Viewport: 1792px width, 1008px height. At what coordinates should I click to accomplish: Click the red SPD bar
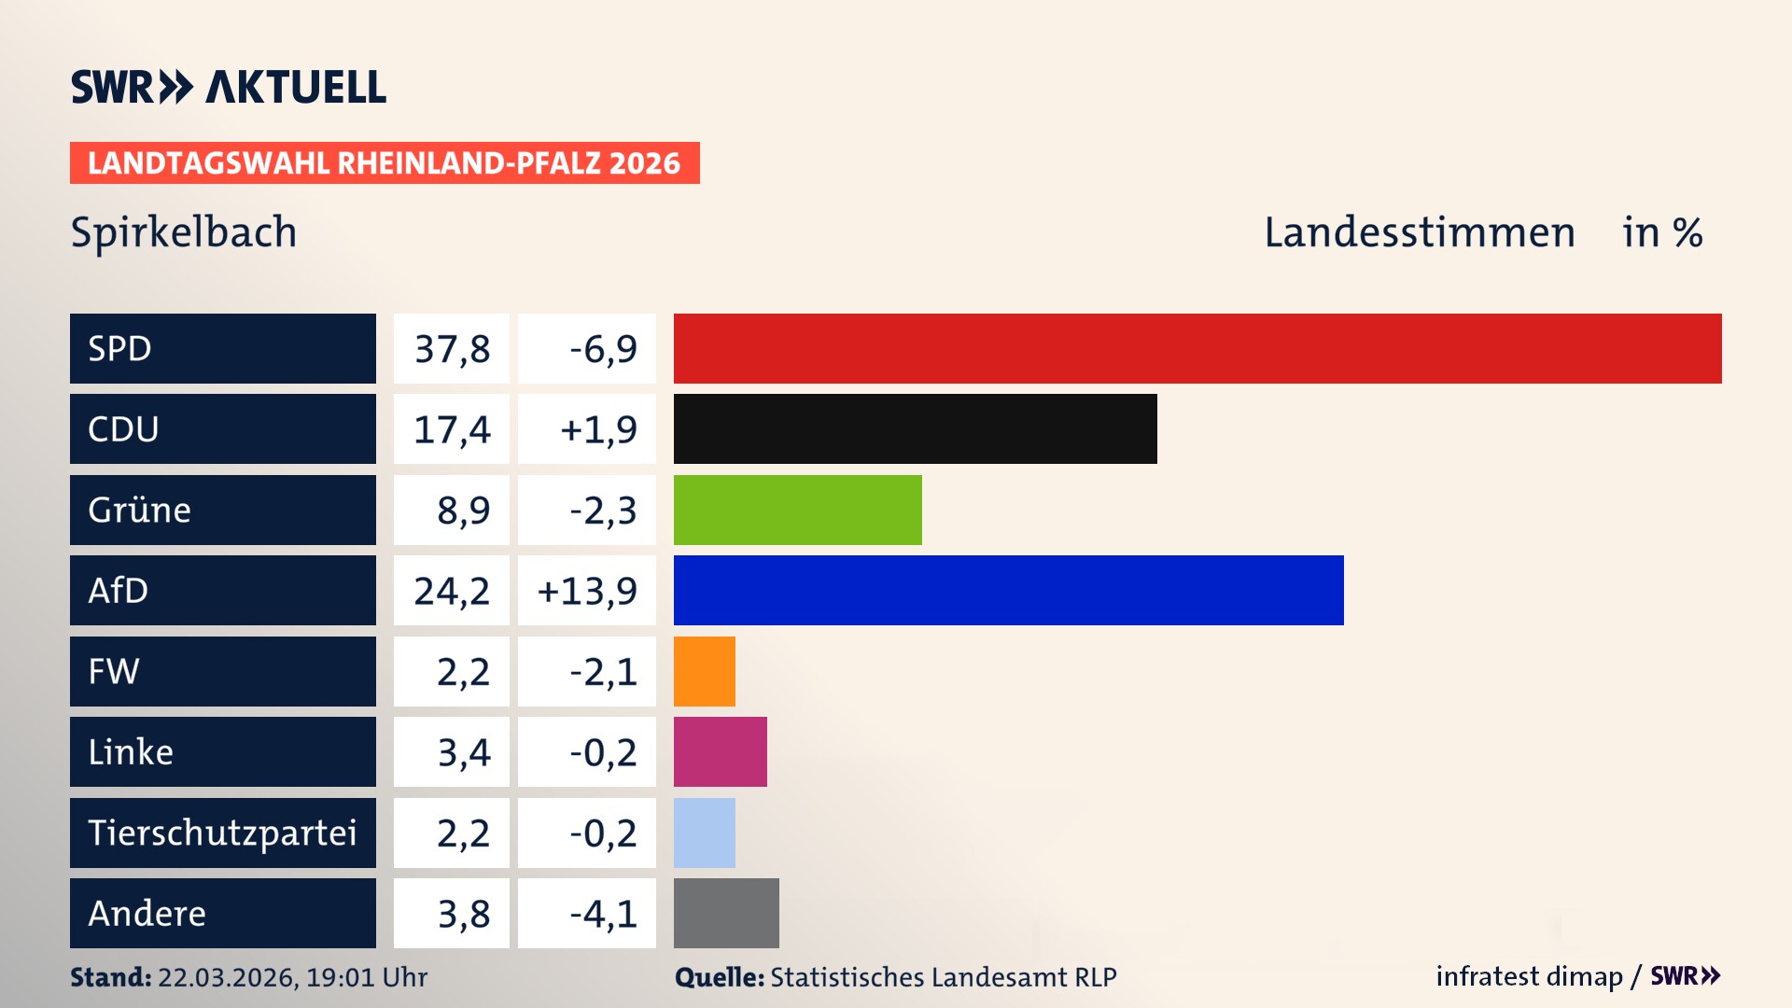[1197, 348]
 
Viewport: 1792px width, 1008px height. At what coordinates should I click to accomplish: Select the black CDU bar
[915, 428]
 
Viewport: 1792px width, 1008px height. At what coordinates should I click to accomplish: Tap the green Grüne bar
[797, 510]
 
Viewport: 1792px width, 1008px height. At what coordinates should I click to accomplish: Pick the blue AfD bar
[1008, 590]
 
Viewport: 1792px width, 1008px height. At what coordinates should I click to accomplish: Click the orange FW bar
[704, 671]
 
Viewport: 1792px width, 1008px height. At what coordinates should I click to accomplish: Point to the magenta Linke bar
[720, 751]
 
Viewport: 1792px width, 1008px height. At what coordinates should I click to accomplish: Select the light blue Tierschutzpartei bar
[704, 833]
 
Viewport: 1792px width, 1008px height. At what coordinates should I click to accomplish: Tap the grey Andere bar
[726, 913]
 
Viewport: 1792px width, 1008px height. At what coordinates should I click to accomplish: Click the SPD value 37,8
[452, 349]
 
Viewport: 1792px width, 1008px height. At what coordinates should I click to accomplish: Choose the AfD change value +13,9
[587, 591]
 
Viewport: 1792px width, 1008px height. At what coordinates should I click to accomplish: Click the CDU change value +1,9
[597, 429]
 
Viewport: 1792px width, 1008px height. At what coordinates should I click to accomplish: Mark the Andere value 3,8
[463, 914]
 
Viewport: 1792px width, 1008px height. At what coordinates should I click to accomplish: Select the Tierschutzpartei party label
[222, 833]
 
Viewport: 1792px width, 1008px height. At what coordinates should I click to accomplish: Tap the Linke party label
[131, 751]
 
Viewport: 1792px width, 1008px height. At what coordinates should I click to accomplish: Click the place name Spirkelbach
[184, 232]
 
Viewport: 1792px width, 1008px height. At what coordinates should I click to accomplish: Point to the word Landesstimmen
[1419, 232]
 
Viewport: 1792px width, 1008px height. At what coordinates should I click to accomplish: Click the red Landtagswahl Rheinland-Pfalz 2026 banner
[384, 163]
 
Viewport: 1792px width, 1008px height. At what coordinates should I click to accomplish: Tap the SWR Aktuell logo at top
[228, 87]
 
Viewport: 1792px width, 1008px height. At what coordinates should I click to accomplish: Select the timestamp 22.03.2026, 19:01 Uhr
[292, 977]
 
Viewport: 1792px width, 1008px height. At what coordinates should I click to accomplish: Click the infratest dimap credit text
[1529, 976]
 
